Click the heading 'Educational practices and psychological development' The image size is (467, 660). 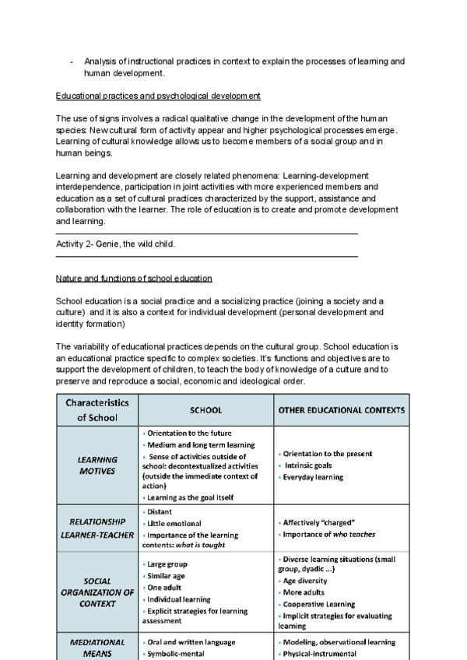pyautogui.click(x=158, y=96)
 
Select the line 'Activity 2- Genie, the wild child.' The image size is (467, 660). pyautogui.click(x=116, y=244)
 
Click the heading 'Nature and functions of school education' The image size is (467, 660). pyautogui.click(x=134, y=278)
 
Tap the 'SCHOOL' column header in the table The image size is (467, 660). pyautogui.click(x=205, y=409)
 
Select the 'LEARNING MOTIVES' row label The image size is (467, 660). pyautogui.click(x=97, y=465)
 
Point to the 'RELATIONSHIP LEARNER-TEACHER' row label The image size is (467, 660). pyautogui.click(x=97, y=528)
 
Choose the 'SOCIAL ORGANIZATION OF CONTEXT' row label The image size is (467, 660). pyautogui.click(x=97, y=593)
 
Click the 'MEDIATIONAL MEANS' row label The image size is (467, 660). pyautogui.click(x=97, y=648)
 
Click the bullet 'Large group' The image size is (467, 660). pyautogui.click(x=167, y=563)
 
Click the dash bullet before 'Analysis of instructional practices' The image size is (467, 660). pyautogui.click(x=72, y=61)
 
